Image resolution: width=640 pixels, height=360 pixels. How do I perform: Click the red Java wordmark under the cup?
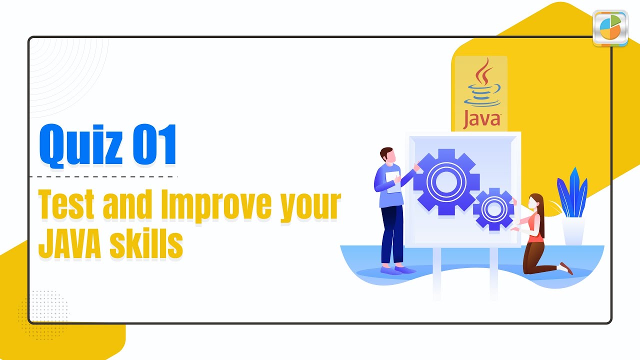(x=482, y=119)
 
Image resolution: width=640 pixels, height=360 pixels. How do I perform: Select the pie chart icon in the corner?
(x=609, y=27)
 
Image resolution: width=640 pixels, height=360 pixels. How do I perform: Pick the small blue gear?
(x=493, y=208)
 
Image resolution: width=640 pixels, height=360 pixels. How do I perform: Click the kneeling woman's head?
(x=535, y=201)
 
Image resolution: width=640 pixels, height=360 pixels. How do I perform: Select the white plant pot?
(x=573, y=231)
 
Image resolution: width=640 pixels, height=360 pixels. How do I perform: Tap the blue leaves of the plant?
(x=572, y=192)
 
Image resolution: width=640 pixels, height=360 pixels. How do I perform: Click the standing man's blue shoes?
(x=397, y=270)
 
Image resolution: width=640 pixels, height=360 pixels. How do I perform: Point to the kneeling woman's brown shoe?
(x=566, y=268)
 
